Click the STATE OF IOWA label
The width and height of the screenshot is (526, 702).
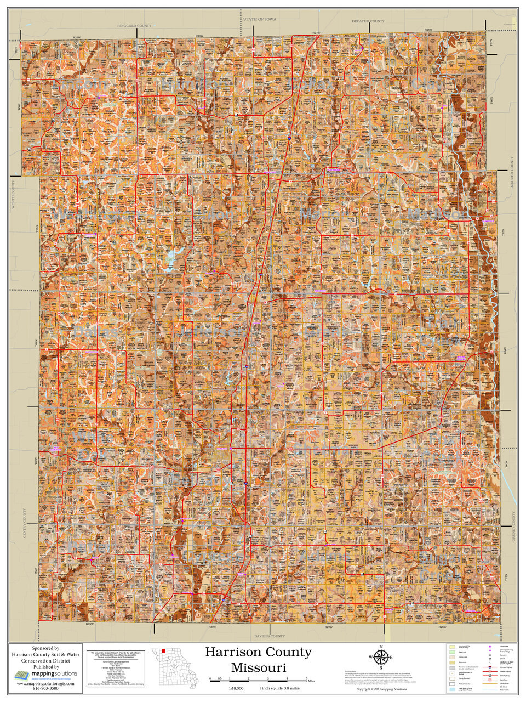(260, 19)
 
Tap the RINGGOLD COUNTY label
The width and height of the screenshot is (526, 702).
(134, 26)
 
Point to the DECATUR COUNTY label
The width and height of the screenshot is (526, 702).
(368, 21)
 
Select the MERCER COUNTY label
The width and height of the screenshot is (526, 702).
(513, 173)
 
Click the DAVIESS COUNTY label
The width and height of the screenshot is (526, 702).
(270, 636)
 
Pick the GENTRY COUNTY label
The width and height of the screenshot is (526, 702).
(25, 524)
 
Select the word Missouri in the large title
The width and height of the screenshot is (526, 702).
(258, 667)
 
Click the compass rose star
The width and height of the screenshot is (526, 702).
(382, 656)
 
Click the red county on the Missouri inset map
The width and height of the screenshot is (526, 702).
(163, 652)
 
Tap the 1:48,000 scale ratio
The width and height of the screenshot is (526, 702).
(236, 688)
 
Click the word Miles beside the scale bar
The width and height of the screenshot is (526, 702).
(311, 680)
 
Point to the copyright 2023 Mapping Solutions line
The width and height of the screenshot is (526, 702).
(382, 689)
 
